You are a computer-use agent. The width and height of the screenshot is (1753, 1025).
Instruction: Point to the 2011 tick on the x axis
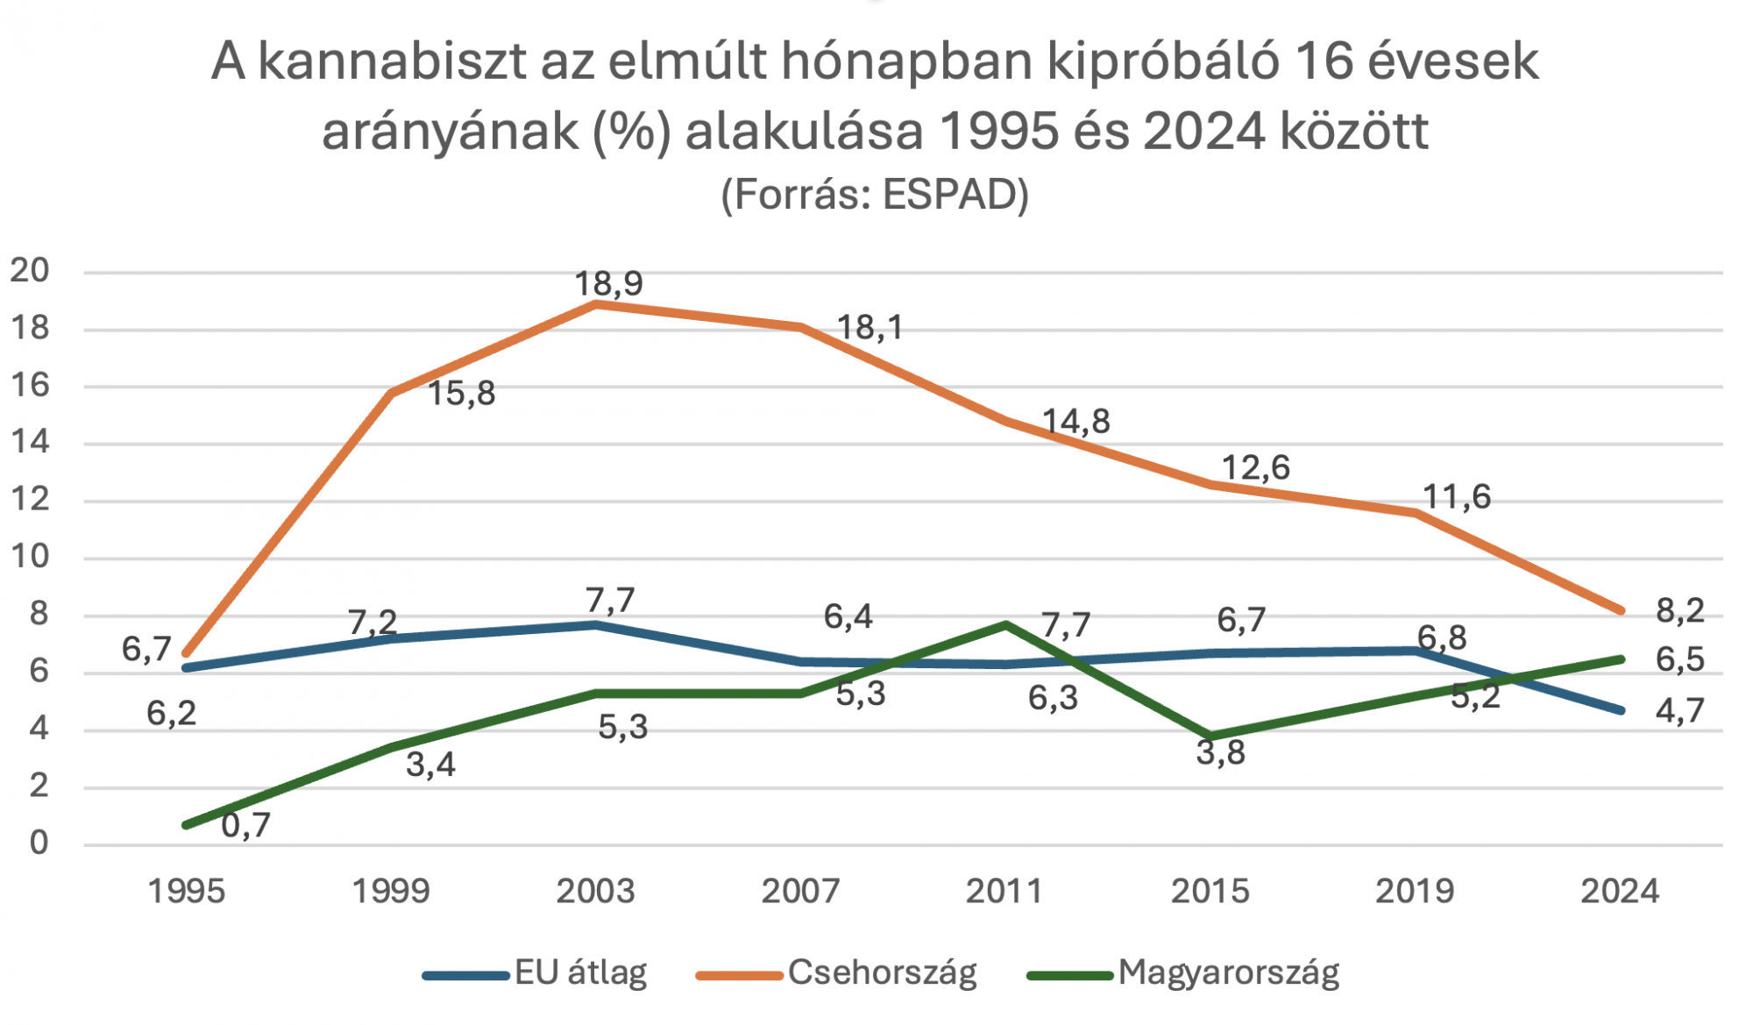(x=1004, y=892)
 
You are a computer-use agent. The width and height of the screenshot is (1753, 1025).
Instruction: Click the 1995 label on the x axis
(x=186, y=892)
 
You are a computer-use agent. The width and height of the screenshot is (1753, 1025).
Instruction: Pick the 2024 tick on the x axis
(x=1620, y=892)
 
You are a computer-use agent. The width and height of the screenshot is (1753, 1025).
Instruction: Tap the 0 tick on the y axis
(x=39, y=843)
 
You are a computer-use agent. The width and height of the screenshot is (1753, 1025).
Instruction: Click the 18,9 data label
(x=608, y=284)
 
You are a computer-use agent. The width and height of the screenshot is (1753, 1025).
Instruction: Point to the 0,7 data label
(x=245, y=826)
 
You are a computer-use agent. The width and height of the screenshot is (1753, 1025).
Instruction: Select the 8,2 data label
(x=1679, y=611)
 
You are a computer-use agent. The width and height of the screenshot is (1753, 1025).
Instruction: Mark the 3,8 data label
(x=1220, y=753)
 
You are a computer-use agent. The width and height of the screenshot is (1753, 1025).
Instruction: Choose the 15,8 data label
(x=461, y=394)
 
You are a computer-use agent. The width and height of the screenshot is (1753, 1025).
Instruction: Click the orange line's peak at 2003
(x=596, y=304)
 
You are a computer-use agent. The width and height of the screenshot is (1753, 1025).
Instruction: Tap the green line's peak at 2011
(x=1006, y=624)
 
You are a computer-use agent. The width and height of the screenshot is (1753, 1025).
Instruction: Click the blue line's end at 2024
(x=1621, y=710)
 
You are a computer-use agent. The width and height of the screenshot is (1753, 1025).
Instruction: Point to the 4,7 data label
(x=1679, y=711)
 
